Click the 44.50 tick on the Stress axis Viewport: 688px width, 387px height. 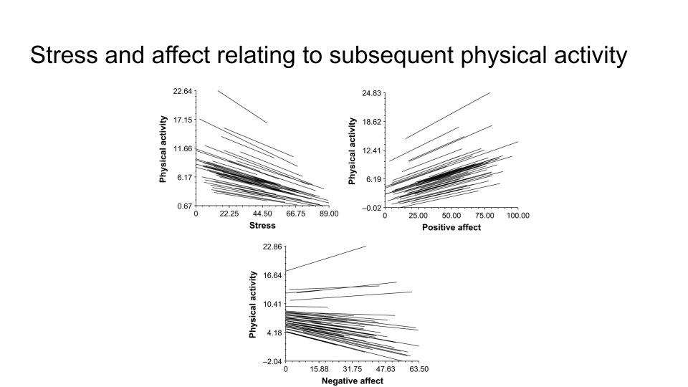point(262,214)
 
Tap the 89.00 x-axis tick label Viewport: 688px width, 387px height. point(329,214)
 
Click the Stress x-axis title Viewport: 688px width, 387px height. point(262,225)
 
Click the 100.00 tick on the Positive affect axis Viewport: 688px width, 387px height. point(516,216)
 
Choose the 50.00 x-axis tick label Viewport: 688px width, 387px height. point(451,216)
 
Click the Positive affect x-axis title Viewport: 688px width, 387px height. point(451,227)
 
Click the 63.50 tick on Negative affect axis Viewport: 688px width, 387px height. point(418,370)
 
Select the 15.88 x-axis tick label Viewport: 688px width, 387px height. point(319,370)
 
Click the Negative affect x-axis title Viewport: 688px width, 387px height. point(352,381)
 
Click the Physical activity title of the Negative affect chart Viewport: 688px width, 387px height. point(253,305)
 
